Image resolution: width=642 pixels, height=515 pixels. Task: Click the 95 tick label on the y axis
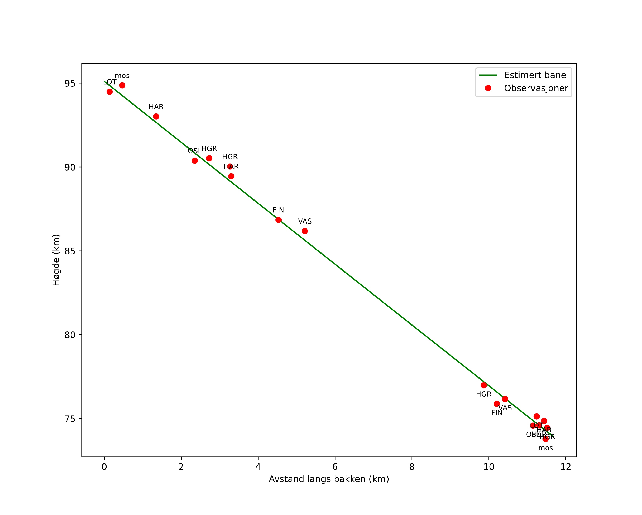click(x=70, y=84)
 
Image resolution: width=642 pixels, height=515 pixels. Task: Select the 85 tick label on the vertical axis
click(x=70, y=251)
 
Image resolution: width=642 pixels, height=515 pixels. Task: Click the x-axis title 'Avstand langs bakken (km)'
click(x=329, y=479)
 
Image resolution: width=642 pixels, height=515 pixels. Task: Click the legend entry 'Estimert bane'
click(x=535, y=75)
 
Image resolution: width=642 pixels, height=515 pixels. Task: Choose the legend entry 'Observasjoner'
click(x=536, y=88)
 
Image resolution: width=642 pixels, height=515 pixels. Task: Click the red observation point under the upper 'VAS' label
click(x=305, y=231)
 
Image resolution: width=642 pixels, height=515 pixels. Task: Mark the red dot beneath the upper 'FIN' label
click(x=278, y=220)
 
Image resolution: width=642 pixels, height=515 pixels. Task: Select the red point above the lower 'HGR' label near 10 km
click(x=484, y=385)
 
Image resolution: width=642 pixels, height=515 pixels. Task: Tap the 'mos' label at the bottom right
click(x=545, y=448)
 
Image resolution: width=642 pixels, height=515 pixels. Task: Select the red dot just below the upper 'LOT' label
click(x=110, y=92)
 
